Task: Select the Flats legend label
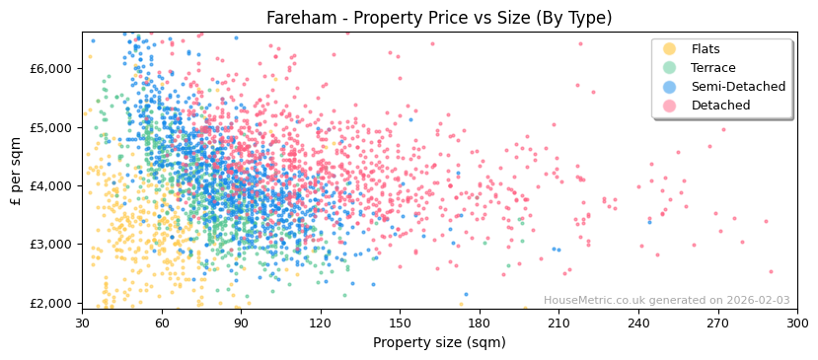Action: (x=705, y=49)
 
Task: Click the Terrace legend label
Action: (x=712, y=68)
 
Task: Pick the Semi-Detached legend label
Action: (x=738, y=87)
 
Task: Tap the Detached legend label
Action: (x=720, y=106)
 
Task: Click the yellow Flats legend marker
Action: (x=670, y=49)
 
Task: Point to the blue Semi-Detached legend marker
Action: (x=670, y=87)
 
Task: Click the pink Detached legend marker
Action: (x=670, y=106)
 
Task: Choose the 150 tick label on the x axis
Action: (x=400, y=323)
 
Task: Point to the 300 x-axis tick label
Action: (x=796, y=323)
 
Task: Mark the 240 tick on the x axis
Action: (x=637, y=323)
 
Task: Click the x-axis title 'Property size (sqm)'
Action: (x=439, y=342)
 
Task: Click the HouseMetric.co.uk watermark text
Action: (x=666, y=301)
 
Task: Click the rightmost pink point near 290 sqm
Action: (x=771, y=271)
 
